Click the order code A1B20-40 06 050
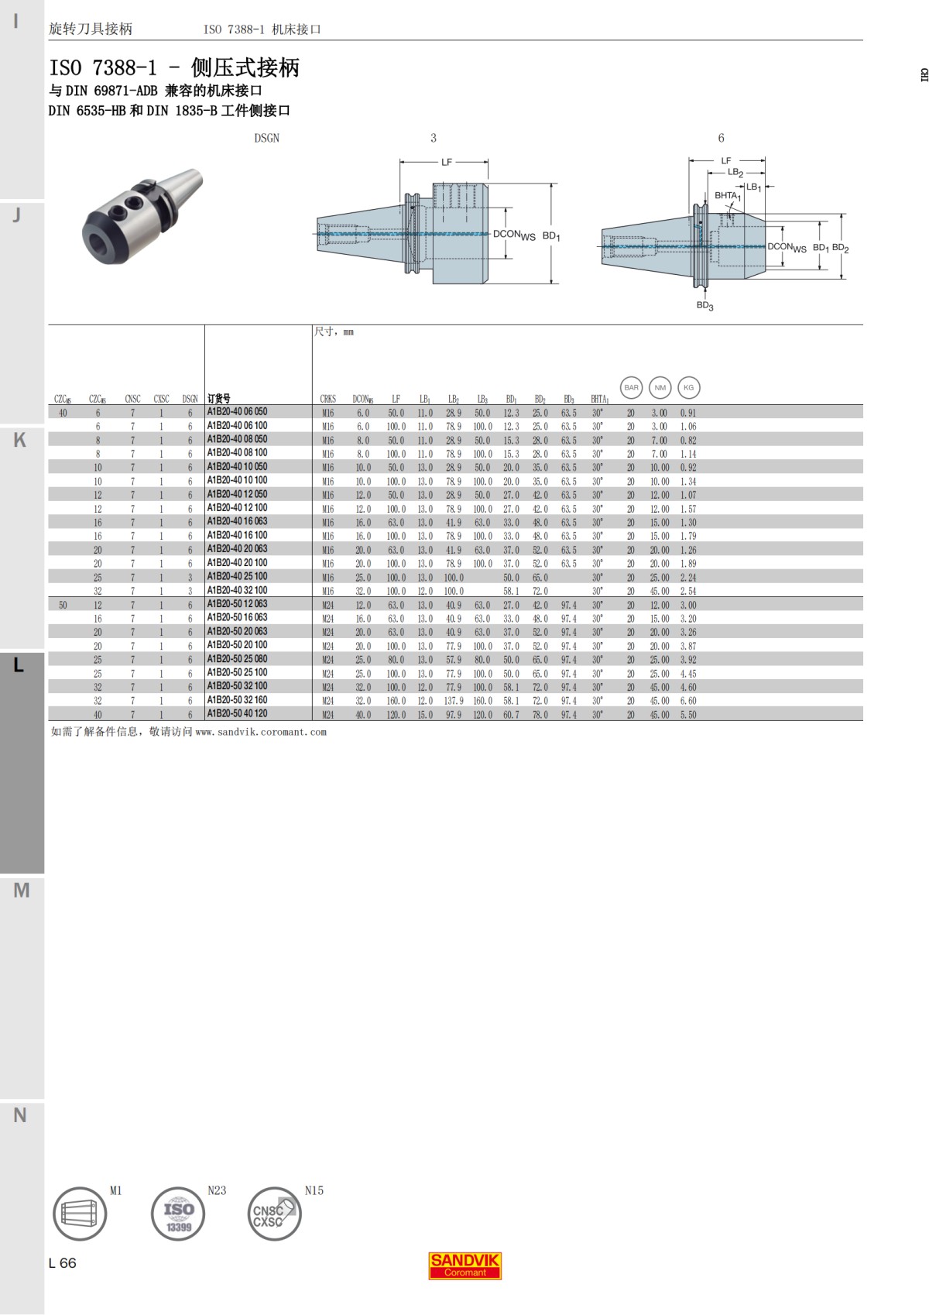(x=237, y=412)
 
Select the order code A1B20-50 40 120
(x=237, y=714)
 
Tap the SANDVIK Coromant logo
(x=465, y=1265)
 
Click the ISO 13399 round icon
(x=179, y=1214)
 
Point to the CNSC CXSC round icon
(x=276, y=1214)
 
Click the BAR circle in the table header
(x=632, y=387)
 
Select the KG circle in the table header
(x=688, y=387)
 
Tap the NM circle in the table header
(x=660, y=387)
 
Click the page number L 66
(x=63, y=1263)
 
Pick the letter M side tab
(x=22, y=891)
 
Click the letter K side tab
(x=20, y=440)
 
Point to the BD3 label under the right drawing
(x=704, y=306)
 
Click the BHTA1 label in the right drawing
(x=727, y=196)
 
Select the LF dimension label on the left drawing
(x=447, y=162)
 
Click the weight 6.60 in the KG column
(x=688, y=701)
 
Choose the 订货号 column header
(x=218, y=399)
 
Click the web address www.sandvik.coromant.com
(x=261, y=732)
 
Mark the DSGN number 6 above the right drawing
(x=721, y=138)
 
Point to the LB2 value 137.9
(x=453, y=701)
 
